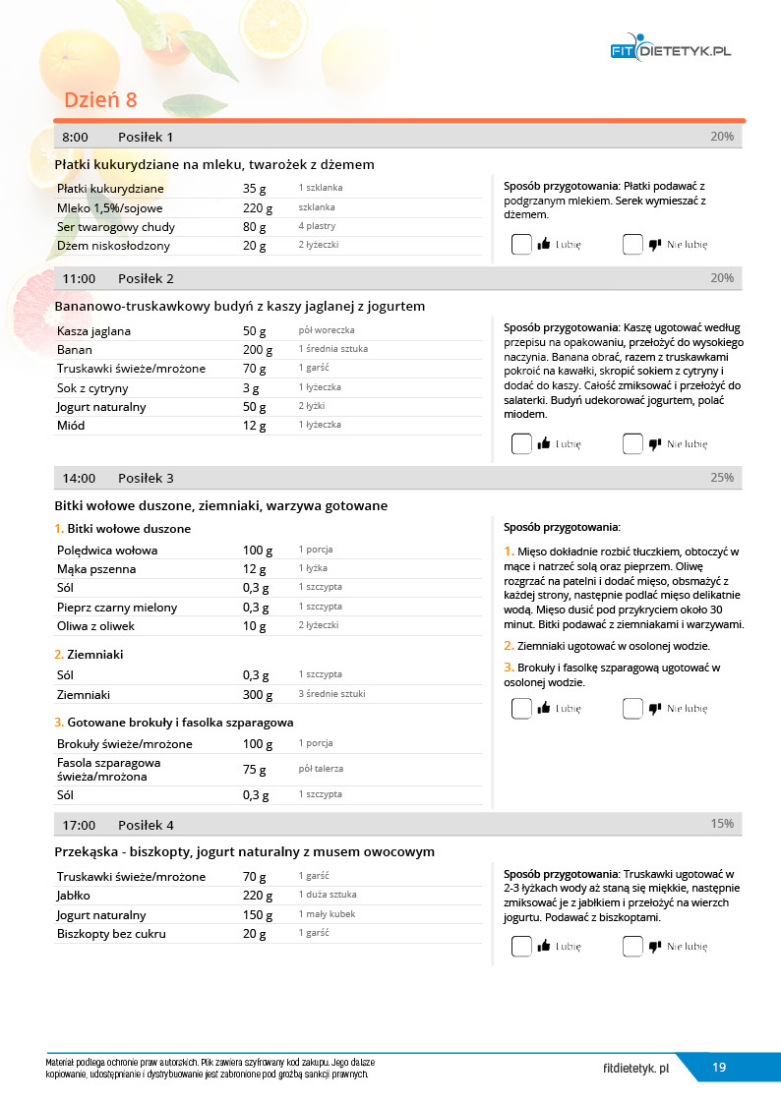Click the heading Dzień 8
coord(100,100)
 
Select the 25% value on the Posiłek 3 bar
coord(722,478)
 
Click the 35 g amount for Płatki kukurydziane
coord(255,189)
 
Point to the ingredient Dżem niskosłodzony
coord(113,246)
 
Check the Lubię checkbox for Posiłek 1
coord(521,245)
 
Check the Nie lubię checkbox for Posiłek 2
coord(632,444)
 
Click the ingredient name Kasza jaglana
coord(93,331)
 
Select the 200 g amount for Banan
coord(258,350)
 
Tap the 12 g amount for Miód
coord(255,426)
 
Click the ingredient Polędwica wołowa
coord(107,551)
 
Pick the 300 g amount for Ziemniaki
coord(258,695)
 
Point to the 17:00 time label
coord(79,825)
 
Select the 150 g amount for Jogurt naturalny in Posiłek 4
coord(258,915)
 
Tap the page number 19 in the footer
coord(719,1068)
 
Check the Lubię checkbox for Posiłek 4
coord(521,947)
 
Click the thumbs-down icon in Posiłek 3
coord(655,708)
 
